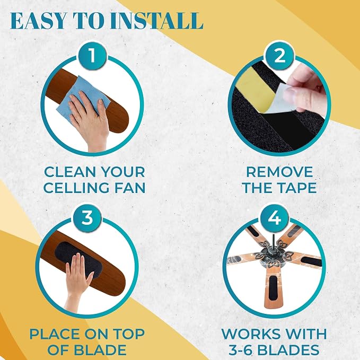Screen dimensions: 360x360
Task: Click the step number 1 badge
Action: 92,56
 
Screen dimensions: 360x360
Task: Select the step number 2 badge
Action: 279,56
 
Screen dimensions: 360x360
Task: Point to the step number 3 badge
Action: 87,217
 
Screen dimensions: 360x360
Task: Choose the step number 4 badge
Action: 274,217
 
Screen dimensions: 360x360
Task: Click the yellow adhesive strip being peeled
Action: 255,90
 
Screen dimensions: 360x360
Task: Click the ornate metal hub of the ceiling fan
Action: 273,254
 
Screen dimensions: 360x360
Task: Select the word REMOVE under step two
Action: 279,172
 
